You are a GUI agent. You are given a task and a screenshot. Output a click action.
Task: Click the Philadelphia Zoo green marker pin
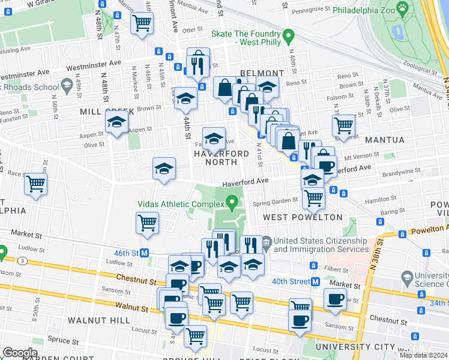(402, 9)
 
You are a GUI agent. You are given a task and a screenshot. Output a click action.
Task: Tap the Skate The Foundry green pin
(288, 37)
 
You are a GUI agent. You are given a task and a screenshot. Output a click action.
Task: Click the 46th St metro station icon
(145, 253)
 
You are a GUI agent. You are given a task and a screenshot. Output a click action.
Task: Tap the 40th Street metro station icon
(315, 282)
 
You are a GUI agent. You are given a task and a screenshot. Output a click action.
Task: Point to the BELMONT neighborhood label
(261, 73)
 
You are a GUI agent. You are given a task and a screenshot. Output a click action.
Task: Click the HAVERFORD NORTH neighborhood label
(220, 158)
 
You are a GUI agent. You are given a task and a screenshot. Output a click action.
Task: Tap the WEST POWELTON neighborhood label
(294, 217)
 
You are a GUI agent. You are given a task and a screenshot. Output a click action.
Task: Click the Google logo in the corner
(20, 353)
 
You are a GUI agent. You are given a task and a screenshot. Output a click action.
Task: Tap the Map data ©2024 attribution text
(423, 355)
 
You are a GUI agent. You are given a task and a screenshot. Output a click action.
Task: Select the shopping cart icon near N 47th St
(142, 23)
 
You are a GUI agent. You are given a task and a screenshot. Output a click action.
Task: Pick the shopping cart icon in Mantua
(343, 125)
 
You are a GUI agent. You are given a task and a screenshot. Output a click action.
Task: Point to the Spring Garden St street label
(275, 203)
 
